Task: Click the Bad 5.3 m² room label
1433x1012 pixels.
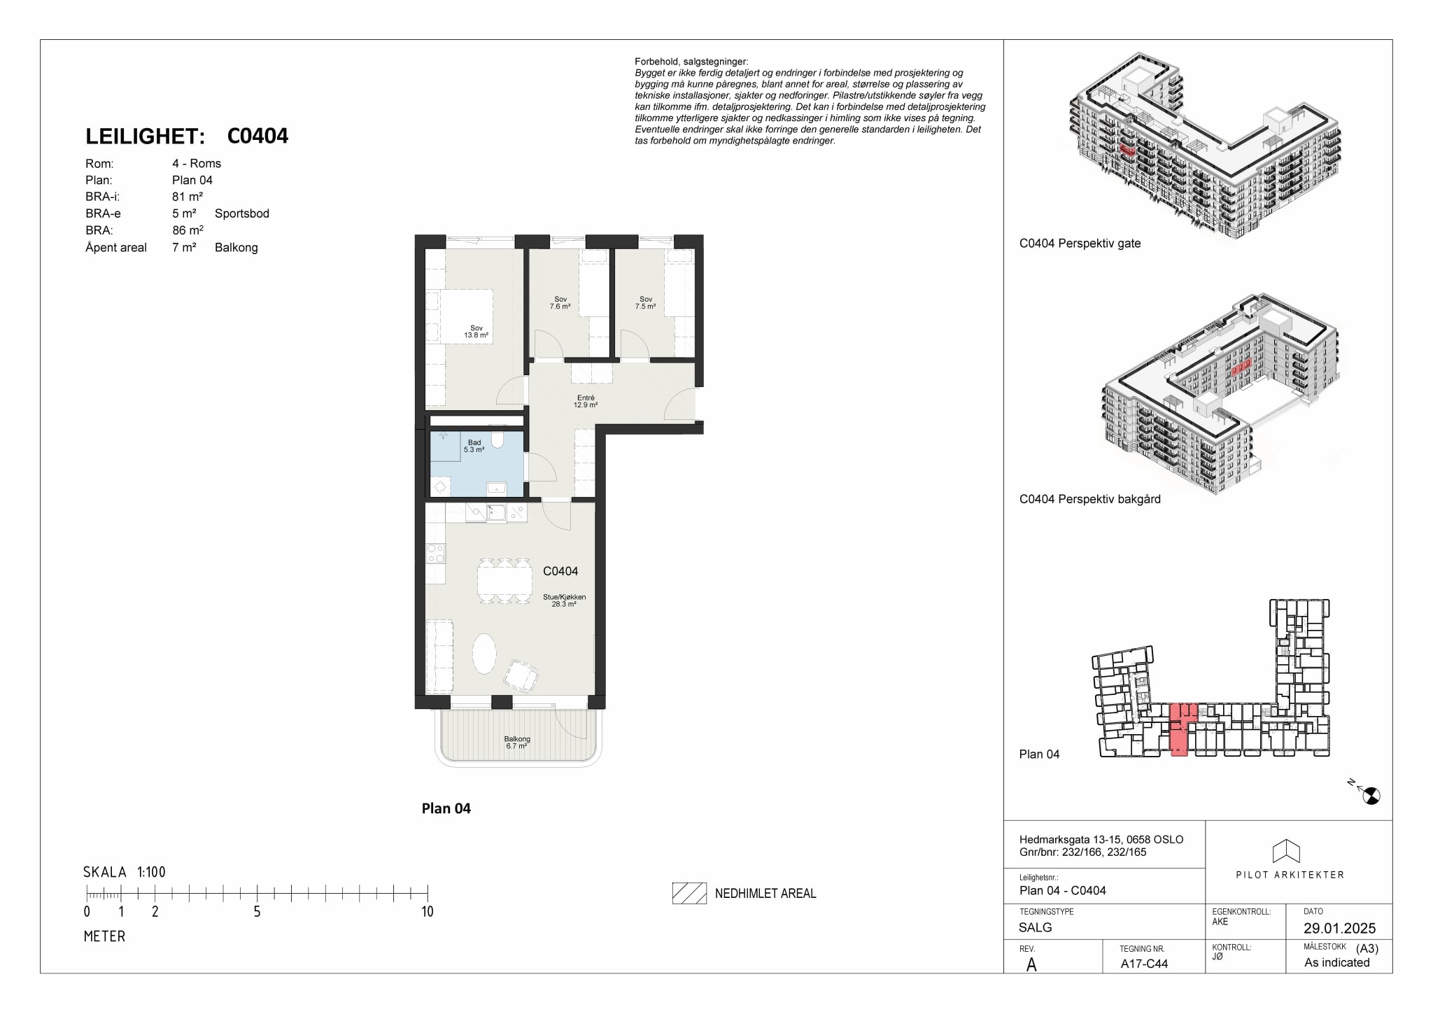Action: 474,447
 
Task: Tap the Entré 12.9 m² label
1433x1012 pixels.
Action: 586,402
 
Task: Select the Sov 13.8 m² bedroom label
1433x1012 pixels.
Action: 477,332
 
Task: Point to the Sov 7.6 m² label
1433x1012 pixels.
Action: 560,303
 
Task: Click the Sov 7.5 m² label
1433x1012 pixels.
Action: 645,303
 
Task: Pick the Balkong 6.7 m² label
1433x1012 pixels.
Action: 517,743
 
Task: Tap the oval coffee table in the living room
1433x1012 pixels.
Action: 484,653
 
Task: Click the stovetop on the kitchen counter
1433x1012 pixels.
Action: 435,554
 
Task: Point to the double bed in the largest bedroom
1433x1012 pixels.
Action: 459,316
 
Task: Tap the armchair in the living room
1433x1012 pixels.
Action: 521,675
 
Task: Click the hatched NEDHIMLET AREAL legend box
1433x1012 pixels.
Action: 689,893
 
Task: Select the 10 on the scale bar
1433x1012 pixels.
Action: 427,911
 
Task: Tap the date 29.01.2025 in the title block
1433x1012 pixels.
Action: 1339,928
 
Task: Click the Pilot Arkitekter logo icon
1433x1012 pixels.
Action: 1286,850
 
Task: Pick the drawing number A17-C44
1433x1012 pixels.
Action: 1144,963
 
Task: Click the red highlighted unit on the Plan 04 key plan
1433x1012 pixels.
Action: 1180,739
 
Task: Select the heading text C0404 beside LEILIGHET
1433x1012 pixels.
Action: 257,136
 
